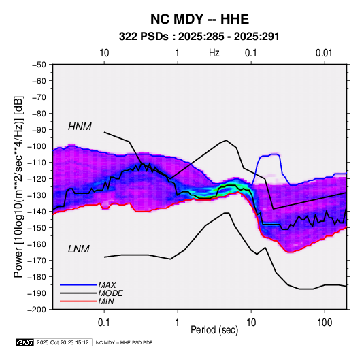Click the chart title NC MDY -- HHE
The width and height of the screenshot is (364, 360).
point(199,19)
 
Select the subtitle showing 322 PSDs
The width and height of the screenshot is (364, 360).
point(199,37)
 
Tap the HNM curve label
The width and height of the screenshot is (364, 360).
point(80,127)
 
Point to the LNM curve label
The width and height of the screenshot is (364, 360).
point(78,249)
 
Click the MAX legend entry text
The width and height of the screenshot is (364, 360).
point(107,284)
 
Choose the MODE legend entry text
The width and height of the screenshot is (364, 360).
point(110,293)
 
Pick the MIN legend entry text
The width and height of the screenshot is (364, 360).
point(106,301)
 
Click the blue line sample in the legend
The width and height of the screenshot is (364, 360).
point(78,285)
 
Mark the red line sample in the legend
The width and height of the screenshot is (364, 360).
point(78,301)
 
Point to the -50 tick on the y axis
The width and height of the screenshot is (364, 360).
point(39,65)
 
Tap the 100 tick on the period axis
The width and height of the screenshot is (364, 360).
point(325,323)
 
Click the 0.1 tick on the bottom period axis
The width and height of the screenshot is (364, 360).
point(104,323)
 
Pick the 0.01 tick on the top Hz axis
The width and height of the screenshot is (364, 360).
point(324,53)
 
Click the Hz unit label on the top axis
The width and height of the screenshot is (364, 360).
point(214,53)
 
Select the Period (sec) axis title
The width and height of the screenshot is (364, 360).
point(214,330)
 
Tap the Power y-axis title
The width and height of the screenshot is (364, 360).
point(18,186)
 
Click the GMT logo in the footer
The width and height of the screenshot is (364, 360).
point(24,342)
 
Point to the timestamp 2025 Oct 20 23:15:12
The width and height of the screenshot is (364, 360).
point(63,342)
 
